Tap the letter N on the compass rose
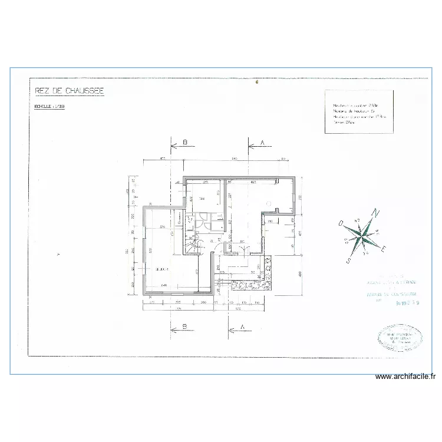click(x=378, y=214)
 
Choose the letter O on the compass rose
click(x=341, y=223)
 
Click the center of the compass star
click(x=365, y=235)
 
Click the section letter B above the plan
click(x=184, y=143)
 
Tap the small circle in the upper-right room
click(x=269, y=203)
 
